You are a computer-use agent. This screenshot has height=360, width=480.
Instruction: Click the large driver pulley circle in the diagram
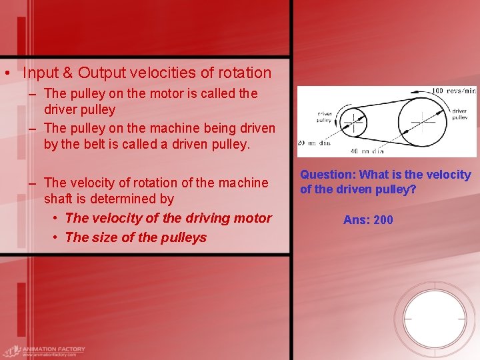(422, 122)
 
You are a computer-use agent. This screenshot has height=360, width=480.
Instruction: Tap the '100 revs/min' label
(455, 91)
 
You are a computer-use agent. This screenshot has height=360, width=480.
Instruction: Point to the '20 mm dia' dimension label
(315, 143)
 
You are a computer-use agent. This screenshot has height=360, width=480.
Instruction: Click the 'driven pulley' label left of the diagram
(325, 118)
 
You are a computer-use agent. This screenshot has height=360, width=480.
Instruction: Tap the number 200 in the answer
(383, 219)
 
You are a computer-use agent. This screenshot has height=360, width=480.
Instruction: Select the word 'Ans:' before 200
(356, 219)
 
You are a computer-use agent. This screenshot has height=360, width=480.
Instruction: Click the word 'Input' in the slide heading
(42, 73)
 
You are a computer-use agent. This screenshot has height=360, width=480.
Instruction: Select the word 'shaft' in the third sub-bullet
(58, 199)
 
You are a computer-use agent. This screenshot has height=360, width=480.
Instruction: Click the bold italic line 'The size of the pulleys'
(136, 237)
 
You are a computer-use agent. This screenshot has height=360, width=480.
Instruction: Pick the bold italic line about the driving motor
(169, 218)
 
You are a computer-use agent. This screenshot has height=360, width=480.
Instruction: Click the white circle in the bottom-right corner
(435, 316)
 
